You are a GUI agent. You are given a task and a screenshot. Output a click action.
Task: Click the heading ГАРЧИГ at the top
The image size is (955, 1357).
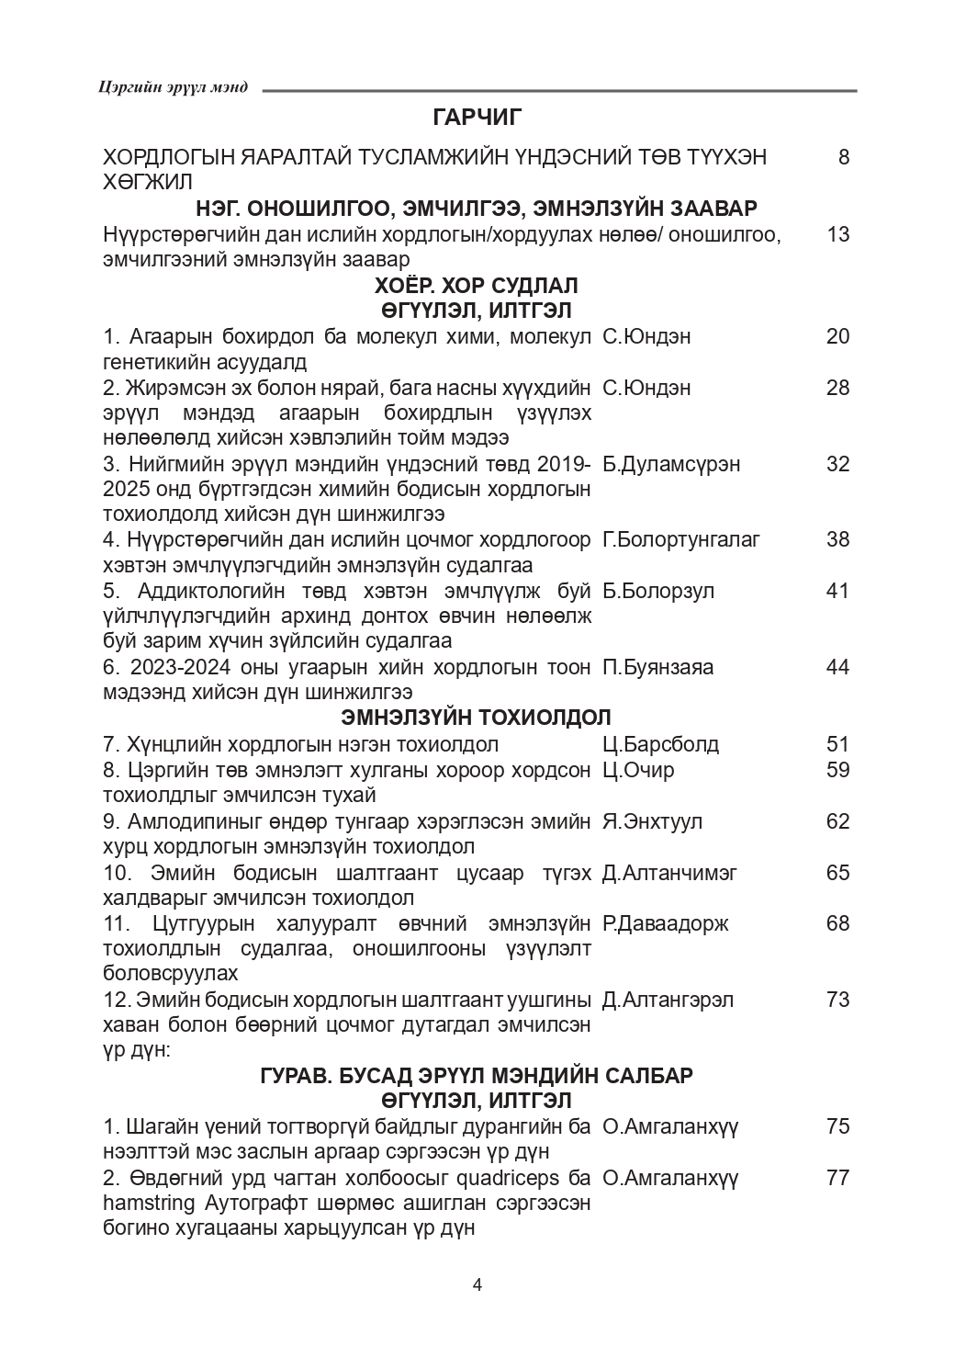click(x=477, y=117)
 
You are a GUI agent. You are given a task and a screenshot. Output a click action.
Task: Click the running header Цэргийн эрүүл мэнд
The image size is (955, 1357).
click(x=172, y=88)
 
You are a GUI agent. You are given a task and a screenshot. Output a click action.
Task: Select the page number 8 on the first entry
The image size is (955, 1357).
click(x=843, y=157)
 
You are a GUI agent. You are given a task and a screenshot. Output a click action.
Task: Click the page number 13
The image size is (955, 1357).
click(x=837, y=234)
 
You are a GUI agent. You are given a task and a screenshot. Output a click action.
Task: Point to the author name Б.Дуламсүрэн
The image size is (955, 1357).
click(x=671, y=464)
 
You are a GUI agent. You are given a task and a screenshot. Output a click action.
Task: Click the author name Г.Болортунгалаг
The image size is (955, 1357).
click(x=681, y=539)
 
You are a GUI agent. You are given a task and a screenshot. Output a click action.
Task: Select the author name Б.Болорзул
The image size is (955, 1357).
click(x=658, y=590)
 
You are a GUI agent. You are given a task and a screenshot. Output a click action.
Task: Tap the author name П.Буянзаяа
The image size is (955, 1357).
click(x=657, y=667)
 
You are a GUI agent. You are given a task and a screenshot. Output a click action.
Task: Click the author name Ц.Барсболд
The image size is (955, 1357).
click(x=660, y=744)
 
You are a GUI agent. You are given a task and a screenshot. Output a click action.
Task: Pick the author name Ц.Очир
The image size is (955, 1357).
click(x=638, y=770)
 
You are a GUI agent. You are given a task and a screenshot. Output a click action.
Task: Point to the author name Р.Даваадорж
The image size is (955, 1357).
click(x=665, y=923)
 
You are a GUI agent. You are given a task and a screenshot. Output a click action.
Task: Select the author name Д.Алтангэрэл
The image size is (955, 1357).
click(x=668, y=1000)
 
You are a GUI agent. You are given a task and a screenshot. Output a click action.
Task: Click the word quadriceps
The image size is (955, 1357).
click(x=501, y=1178)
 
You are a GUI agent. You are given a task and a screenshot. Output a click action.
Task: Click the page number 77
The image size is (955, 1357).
click(x=837, y=1178)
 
